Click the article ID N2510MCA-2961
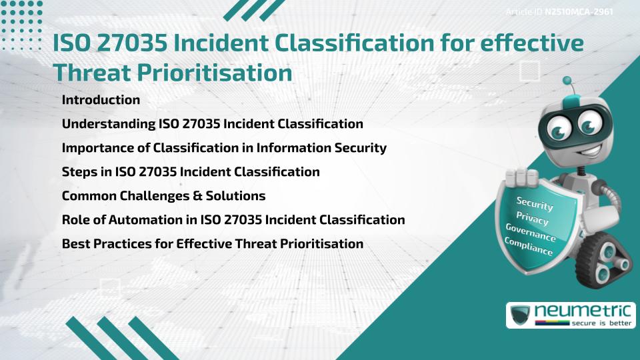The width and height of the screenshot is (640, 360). (x=578, y=11)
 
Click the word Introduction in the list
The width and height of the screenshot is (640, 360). (x=101, y=100)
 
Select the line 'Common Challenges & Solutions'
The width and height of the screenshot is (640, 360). (x=163, y=196)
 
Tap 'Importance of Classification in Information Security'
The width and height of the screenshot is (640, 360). (x=224, y=148)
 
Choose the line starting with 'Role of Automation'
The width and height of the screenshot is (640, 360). (x=233, y=220)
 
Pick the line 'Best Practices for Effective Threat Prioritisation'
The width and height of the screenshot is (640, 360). (x=213, y=244)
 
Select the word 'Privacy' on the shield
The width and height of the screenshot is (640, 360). (x=532, y=218)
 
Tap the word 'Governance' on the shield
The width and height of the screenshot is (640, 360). (x=531, y=233)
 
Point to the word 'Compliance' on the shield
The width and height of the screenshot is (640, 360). (x=529, y=247)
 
